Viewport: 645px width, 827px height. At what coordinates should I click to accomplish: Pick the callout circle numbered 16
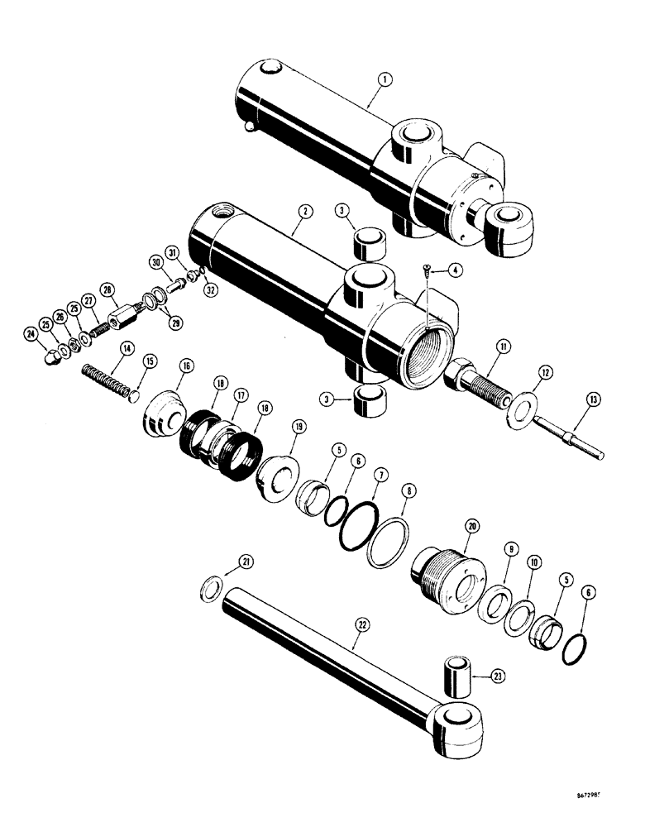[x=184, y=366]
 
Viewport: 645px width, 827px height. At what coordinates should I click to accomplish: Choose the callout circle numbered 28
[x=106, y=289]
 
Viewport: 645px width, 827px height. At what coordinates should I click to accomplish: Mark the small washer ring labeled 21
[x=213, y=590]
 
